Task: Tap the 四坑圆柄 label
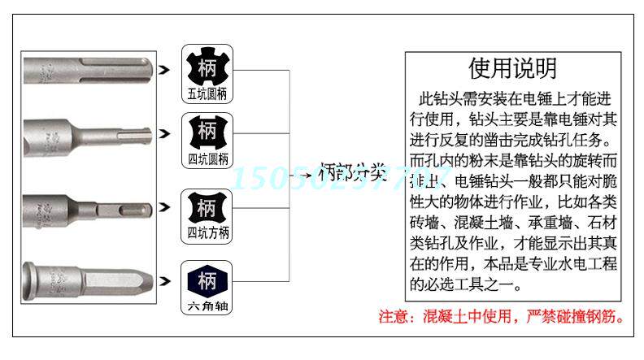pyautogui.click(x=207, y=159)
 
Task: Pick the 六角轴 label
pyautogui.click(x=207, y=308)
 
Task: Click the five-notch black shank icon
pyautogui.click(x=207, y=65)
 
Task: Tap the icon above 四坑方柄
pyautogui.click(x=207, y=206)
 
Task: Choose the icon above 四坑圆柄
pyautogui.click(x=207, y=131)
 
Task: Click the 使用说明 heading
pyautogui.click(x=512, y=68)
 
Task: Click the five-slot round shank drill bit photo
pyautogui.click(x=89, y=69)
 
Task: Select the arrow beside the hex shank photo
pyautogui.click(x=165, y=281)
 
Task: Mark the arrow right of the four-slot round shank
pyautogui.click(x=165, y=132)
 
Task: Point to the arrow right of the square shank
pyautogui.click(x=165, y=207)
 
